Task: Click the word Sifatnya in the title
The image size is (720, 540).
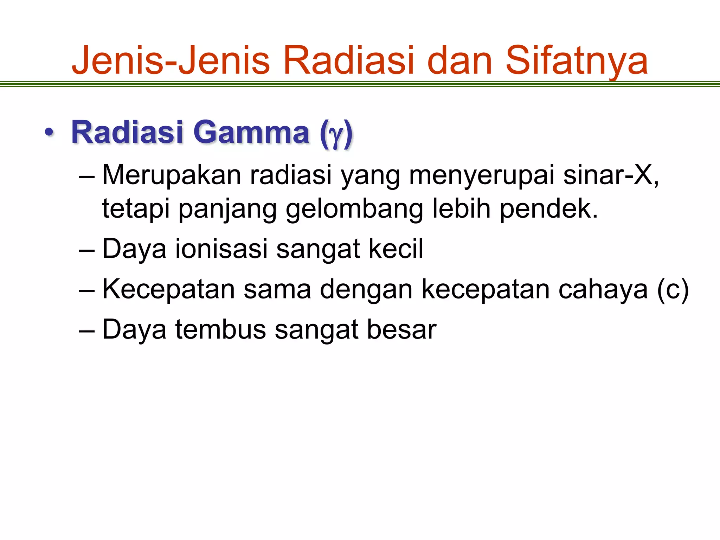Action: click(x=577, y=60)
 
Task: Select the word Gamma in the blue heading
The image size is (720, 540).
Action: click(x=251, y=132)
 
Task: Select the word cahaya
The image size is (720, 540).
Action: click(x=603, y=289)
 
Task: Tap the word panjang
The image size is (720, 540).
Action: click(x=228, y=209)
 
